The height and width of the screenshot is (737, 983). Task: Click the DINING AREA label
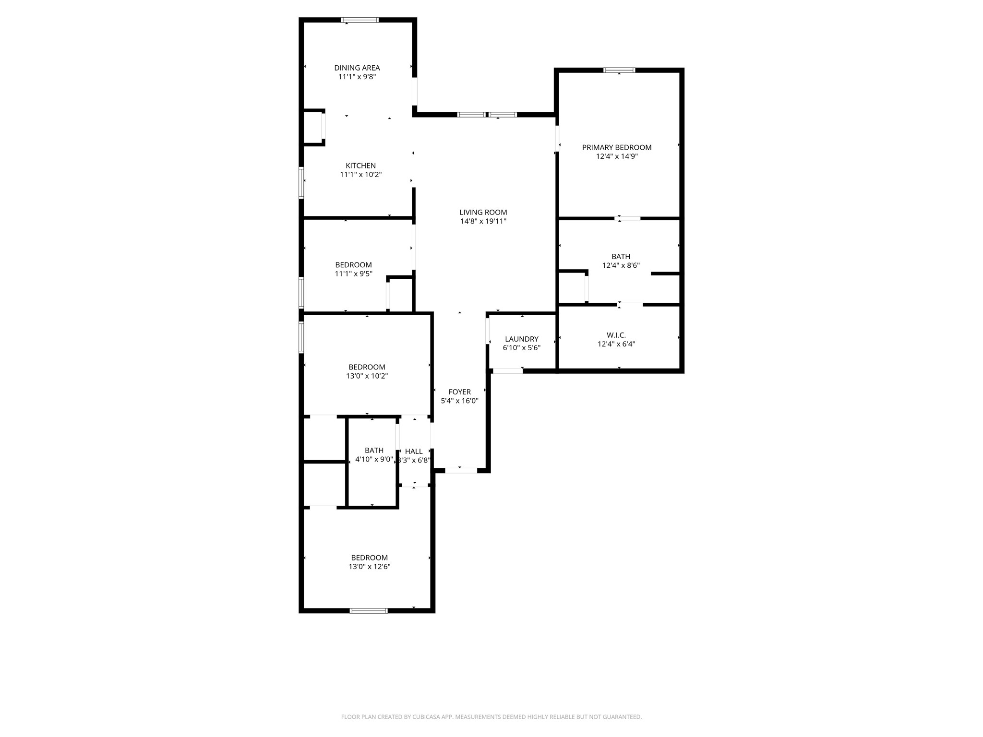[357, 68]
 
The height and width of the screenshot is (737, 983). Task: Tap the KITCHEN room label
[361, 166]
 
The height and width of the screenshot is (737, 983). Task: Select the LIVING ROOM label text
[483, 213]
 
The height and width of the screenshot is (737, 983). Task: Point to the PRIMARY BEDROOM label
[617, 148]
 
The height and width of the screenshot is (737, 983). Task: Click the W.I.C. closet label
[616, 335]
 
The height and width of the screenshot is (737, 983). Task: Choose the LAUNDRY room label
[522, 339]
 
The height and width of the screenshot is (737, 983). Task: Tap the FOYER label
[460, 392]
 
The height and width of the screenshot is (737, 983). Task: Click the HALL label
[414, 452]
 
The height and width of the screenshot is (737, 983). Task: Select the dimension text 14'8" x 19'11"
[483, 221]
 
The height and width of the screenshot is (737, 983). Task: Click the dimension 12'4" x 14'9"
[617, 156]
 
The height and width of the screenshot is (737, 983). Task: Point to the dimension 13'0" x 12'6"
[370, 567]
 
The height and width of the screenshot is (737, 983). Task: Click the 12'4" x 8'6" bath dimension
[621, 265]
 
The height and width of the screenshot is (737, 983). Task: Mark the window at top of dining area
[360, 20]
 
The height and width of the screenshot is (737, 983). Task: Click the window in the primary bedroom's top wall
[619, 70]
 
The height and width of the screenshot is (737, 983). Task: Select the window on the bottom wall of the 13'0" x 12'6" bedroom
[369, 611]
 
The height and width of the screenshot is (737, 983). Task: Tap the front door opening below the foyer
[461, 471]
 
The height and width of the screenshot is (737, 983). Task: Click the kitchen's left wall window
[301, 183]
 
